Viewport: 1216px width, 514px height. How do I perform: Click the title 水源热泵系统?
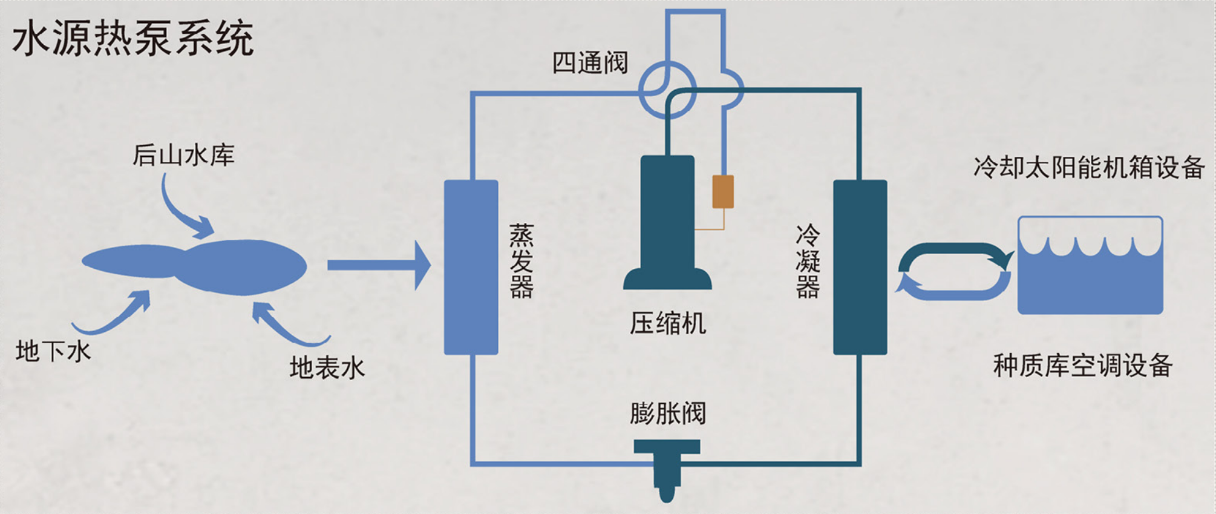(x=132, y=38)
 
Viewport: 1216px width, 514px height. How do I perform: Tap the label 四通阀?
(x=590, y=63)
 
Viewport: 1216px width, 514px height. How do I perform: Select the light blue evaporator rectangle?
(x=471, y=267)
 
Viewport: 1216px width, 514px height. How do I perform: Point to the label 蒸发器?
(x=521, y=261)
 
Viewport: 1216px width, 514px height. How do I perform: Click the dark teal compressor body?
(x=667, y=218)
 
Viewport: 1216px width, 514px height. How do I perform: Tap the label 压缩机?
(x=667, y=323)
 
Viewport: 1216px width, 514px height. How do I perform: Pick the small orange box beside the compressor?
(x=723, y=191)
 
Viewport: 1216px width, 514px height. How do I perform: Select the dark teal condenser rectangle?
(x=860, y=267)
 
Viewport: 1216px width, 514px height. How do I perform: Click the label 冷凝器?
(x=808, y=261)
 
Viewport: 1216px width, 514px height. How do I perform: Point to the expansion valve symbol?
(x=667, y=466)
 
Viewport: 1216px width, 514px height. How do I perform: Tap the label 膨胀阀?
(x=667, y=414)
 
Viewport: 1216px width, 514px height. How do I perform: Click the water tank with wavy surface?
(x=1090, y=266)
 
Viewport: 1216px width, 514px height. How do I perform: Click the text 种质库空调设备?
(x=1083, y=366)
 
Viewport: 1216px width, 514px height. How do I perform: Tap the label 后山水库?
(x=183, y=156)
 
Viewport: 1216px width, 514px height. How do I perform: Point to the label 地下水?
(x=53, y=351)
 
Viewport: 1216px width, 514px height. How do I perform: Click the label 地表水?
(x=327, y=367)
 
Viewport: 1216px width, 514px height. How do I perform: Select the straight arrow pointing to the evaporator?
(x=378, y=265)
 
